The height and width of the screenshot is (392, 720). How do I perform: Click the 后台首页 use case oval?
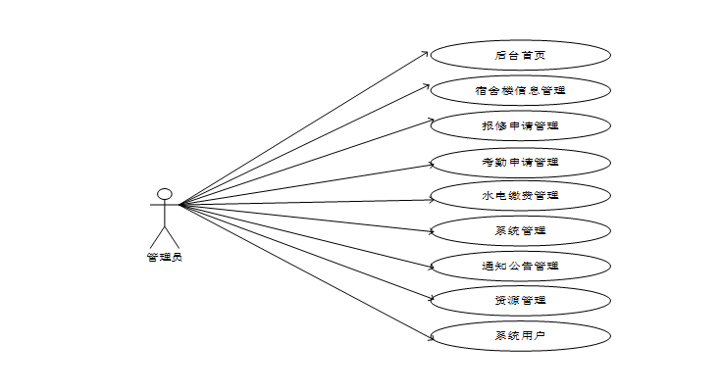click(x=520, y=56)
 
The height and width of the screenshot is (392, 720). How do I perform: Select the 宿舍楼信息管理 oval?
click(x=520, y=91)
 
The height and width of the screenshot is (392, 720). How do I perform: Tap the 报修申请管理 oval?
click(x=520, y=126)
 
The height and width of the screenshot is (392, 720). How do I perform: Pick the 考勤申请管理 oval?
click(x=520, y=162)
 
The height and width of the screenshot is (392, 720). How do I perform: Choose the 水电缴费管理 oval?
click(x=520, y=196)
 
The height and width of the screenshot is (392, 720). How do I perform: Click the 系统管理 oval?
click(x=520, y=231)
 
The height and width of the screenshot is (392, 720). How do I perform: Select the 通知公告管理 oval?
click(x=520, y=266)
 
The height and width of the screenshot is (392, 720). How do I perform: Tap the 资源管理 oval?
click(x=520, y=300)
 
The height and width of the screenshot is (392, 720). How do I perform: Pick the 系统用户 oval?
click(x=520, y=335)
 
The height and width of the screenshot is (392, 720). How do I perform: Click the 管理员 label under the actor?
click(x=164, y=258)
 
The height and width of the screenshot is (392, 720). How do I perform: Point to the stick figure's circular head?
click(x=165, y=194)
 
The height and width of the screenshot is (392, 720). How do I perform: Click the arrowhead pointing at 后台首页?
click(x=427, y=52)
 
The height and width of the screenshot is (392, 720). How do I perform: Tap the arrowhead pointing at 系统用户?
click(x=433, y=340)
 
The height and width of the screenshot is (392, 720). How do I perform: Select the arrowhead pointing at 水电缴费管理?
click(x=433, y=200)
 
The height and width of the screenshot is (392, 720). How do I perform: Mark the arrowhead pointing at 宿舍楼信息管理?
click(x=429, y=87)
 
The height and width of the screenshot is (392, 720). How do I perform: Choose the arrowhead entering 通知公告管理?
click(x=433, y=267)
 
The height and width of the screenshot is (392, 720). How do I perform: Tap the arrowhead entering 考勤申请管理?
click(x=433, y=162)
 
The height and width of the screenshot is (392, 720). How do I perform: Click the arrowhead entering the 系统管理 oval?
click(x=433, y=233)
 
